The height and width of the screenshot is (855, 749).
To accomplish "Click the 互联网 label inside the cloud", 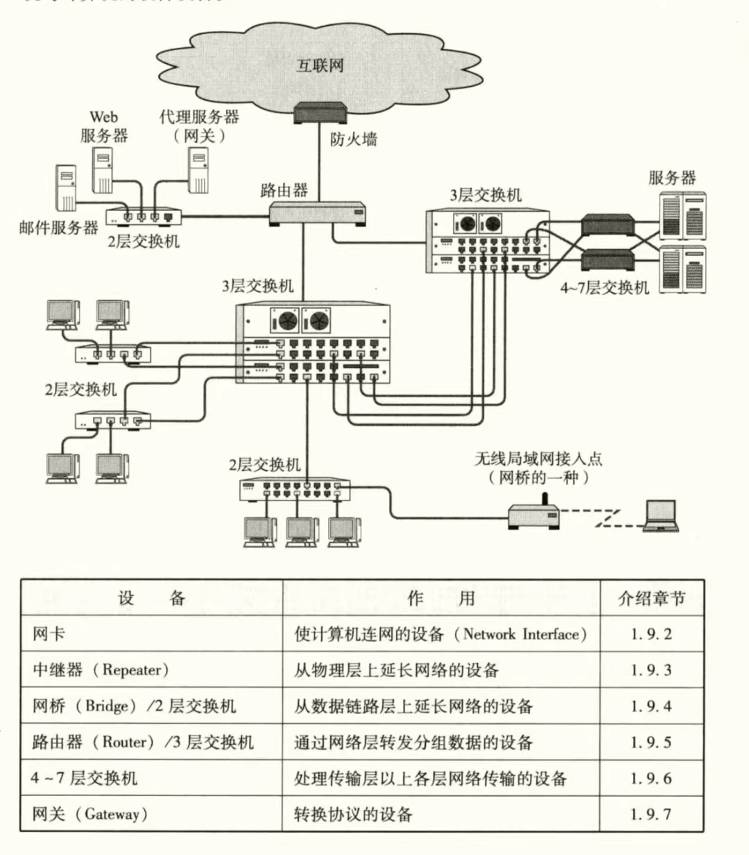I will click(320, 66).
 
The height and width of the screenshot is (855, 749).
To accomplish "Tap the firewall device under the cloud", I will click(320, 113).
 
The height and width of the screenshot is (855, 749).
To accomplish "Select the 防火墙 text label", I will click(353, 139).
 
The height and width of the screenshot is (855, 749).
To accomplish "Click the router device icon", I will click(318, 214).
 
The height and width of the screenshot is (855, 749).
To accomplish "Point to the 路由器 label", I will click(284, 190).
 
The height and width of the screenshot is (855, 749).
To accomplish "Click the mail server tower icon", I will click(67, 187).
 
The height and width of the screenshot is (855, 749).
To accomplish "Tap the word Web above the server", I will click(103, 117).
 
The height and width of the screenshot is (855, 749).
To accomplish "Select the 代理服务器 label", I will click(200, 117).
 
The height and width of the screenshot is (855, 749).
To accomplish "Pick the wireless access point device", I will click(533, 515).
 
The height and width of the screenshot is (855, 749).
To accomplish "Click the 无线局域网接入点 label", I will click(538, 459).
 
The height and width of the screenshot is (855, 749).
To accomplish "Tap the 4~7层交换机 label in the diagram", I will click(605, 287).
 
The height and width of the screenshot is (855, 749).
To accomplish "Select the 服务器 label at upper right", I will click(672, 178).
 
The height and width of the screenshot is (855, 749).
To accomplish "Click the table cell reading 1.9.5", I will click(651, 742).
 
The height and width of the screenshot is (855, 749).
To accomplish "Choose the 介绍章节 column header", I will click(651, 598).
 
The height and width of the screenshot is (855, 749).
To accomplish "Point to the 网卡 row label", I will click(49, 634).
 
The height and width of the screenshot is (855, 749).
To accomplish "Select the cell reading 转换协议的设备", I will click(353, 814).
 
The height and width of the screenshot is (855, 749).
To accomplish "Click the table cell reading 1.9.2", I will click(651, 634).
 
